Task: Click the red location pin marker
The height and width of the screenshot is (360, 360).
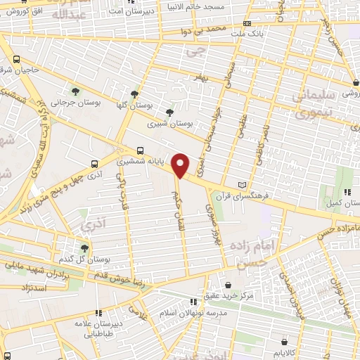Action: click(181, 165)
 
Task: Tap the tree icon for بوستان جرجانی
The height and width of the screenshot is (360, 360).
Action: click(76, 91)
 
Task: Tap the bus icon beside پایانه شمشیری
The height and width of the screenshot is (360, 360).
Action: click(141, 150)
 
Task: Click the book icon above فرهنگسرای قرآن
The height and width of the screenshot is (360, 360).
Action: click(243, 184)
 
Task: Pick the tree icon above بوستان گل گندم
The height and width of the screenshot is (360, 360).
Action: click(84, 247)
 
